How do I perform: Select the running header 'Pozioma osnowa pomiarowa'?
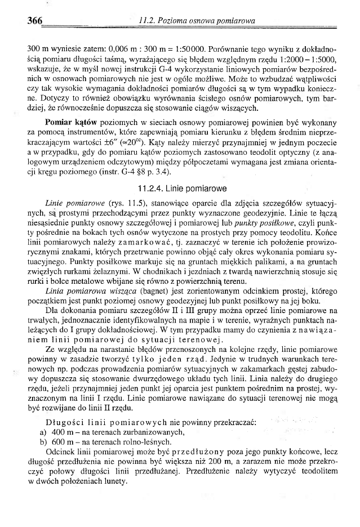click(x=202, y=21)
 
